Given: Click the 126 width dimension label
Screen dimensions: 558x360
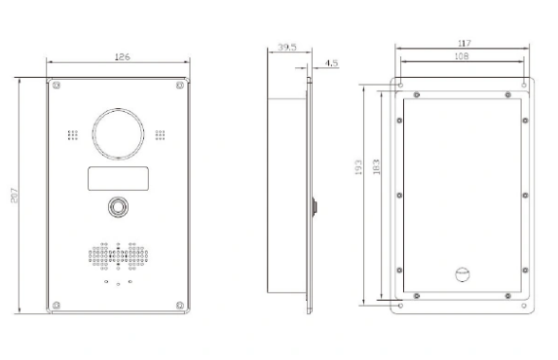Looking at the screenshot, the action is pos(123,56).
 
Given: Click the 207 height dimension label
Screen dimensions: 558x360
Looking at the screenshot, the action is pos(15,196).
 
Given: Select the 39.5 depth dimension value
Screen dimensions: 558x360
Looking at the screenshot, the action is pos(287,47).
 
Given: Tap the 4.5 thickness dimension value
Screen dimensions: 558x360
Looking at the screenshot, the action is pos(331,63).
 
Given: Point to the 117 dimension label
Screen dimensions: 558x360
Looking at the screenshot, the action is pos(465,44).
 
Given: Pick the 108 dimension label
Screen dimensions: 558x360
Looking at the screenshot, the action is pos(462,56).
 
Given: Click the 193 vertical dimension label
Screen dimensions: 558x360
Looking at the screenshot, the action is pos(358,167).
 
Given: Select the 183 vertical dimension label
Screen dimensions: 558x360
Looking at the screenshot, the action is pos(376,166).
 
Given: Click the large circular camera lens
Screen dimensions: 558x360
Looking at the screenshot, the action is pos(118,108).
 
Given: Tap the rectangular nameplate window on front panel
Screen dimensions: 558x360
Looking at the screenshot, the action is pos(118,178).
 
